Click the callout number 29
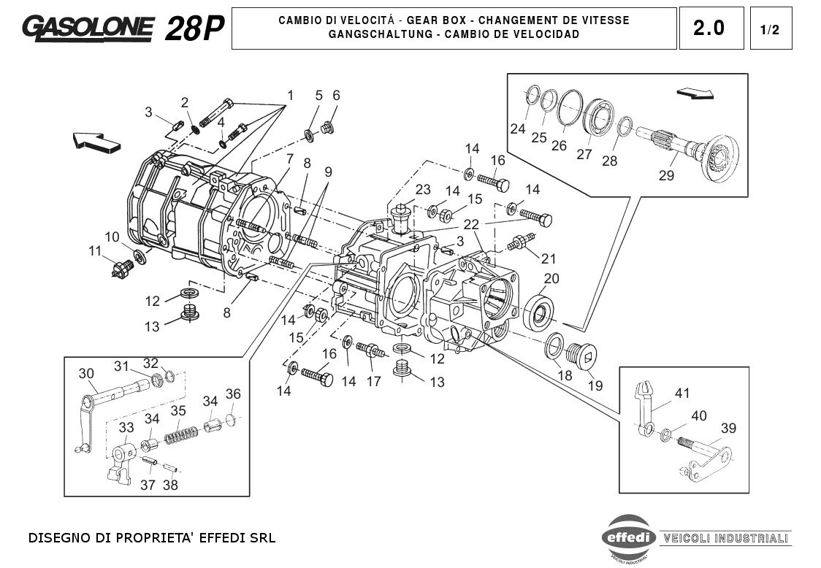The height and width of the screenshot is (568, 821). [666, 175]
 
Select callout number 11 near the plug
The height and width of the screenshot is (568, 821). [95, 251]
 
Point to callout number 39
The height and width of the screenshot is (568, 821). [728, 428]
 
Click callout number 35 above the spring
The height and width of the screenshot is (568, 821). [178, 411]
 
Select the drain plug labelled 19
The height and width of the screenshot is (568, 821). [581, 356]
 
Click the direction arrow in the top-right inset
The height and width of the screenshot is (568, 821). [694, 93]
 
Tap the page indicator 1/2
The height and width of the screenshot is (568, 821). [770, 30]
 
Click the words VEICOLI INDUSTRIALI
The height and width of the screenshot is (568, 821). [725, 539]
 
